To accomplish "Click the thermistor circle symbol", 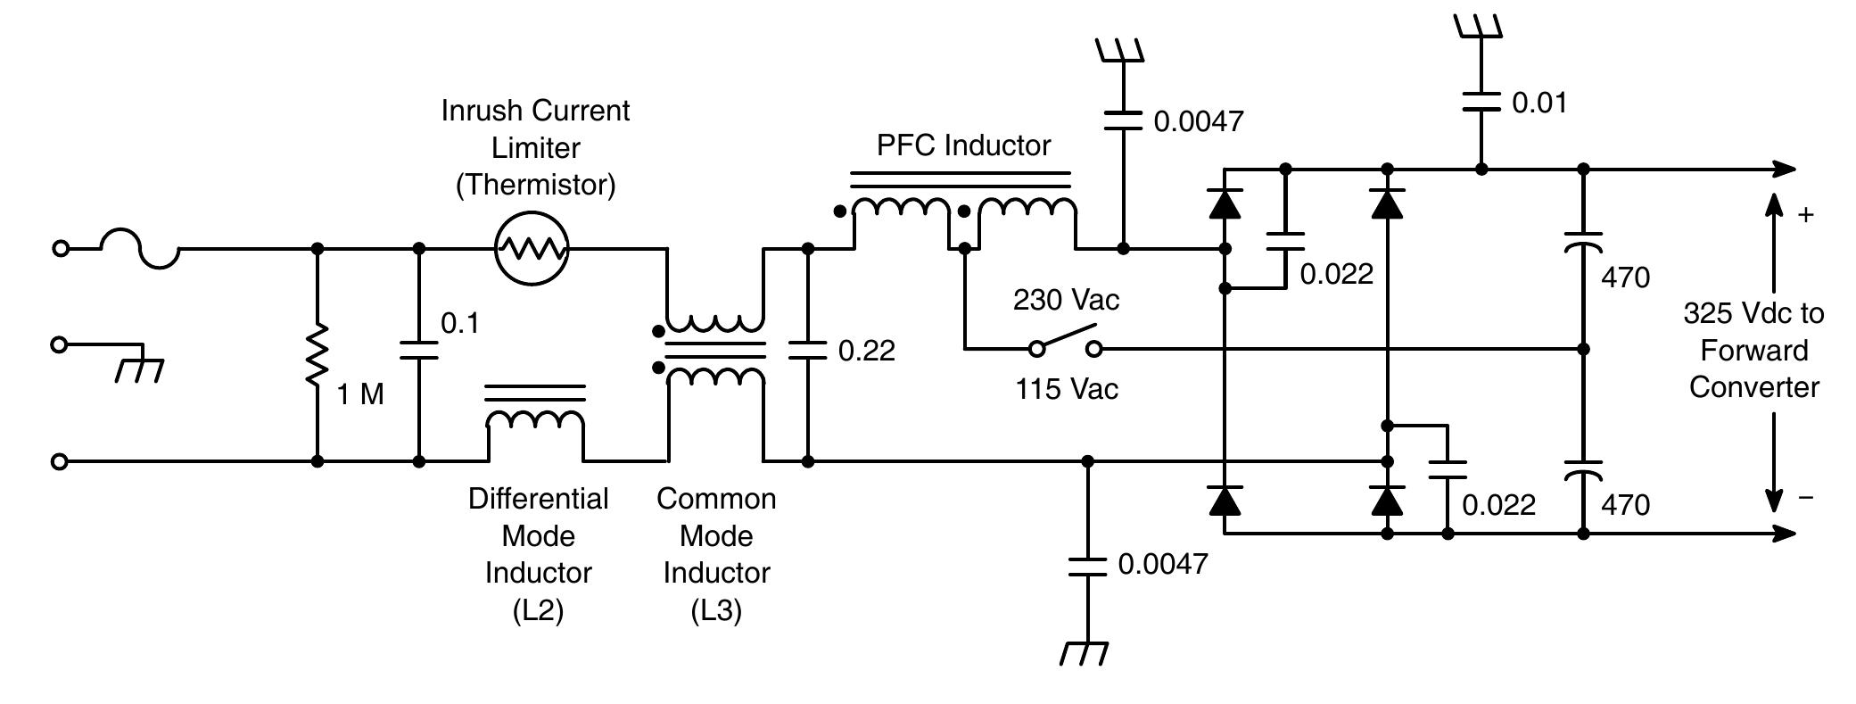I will [532, 248].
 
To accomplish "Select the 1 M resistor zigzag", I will [317, 355].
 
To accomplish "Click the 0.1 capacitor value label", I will [460, 324].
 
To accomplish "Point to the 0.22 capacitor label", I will [866, 351].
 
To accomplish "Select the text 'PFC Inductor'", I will [963, 145].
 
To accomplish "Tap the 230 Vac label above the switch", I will [1066, 300].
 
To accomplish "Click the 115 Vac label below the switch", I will [1067, 389].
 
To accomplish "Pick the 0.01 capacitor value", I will [1539, 103].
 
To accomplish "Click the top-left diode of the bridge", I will [1225, 204].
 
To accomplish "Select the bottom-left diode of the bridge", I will [1225, 501].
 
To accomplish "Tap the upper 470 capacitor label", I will [1625, 277].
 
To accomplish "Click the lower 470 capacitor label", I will [1625, 505].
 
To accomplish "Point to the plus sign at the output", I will [1805, 215].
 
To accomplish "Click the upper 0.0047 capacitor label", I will [1198, 121].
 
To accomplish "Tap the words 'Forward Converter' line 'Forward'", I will [1753, 351].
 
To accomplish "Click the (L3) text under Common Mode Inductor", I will [715, 610].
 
